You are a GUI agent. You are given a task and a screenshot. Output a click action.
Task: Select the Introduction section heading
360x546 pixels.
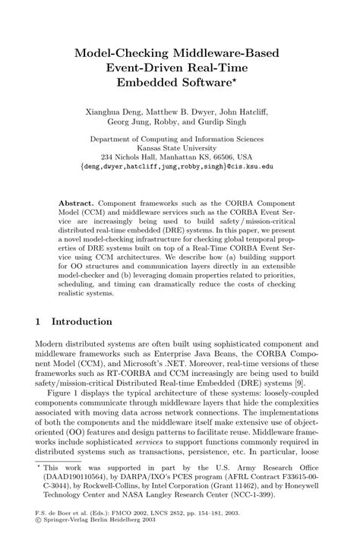click(x=85, y=321)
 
